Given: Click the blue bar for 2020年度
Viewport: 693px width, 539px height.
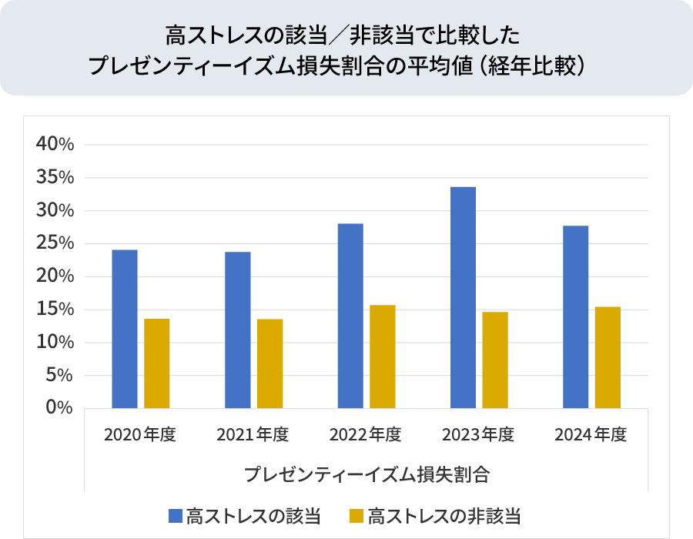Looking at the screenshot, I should pyautogui.click(x=125, y=329).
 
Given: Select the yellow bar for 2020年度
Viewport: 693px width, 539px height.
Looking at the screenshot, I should pyautogui.click(x=157, y=363).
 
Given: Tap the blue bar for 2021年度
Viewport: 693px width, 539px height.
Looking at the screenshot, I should pyautogui.click(x=237, y=330).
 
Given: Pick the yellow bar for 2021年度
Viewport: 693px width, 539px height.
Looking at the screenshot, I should pyautogui.click(x=269, y=363).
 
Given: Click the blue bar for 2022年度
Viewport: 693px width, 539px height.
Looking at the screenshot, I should pyautogui.click(x=350, y=316).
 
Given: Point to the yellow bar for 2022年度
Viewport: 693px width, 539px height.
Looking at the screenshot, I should pyautogui.click(x=383, y=357).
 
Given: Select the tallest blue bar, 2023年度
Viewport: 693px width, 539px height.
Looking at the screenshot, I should pyautogui.click(x=463, y=297).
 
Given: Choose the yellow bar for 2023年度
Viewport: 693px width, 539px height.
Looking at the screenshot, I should pyautogui.click(x=495, y=360).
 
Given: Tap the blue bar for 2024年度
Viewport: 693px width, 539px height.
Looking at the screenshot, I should pyautogui.click(x=576, y=316).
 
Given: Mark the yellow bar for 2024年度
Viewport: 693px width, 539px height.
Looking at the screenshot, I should pyautogui.click(x=608, y=357).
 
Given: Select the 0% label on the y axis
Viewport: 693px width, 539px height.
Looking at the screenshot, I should pyautogui.click(x=59, y=408).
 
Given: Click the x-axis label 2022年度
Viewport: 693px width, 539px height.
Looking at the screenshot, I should pyautogui.click(x=366, y=435).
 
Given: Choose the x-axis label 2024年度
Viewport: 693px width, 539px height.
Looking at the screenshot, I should pyautogui.click(x=591, y=435).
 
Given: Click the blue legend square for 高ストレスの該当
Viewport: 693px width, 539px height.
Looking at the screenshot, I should pyautogui.click(x=176, y=514).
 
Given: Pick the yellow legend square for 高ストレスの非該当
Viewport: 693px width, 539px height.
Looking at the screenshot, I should pyautogui.click(x=357, y=514).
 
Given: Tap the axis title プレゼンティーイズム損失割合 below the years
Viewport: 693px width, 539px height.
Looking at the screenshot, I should pyautogui.click(x=367, y=473).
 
